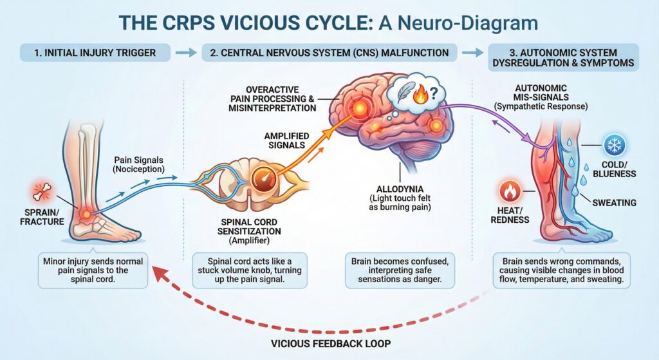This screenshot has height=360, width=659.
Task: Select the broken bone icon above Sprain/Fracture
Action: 38,192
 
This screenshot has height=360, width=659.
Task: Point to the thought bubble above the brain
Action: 417,97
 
